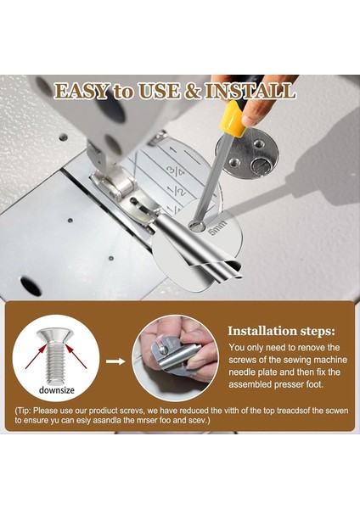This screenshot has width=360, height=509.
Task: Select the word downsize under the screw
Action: pyautogui.click(x=58, y=390)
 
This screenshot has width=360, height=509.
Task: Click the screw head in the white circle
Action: pyautogui.click(x=56, y=335)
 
